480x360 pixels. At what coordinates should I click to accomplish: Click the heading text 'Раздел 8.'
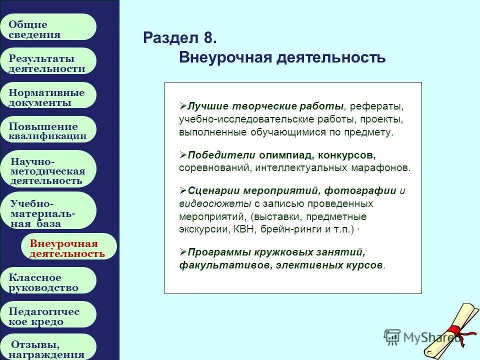point(180,38)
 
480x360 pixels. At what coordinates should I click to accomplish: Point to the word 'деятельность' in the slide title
point(339,57)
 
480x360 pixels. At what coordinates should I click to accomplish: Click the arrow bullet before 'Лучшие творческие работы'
point(183,106)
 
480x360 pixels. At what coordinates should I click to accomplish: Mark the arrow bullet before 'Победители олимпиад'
point(183,154)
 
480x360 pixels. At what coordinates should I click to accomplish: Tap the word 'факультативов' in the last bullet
point(210,265)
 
